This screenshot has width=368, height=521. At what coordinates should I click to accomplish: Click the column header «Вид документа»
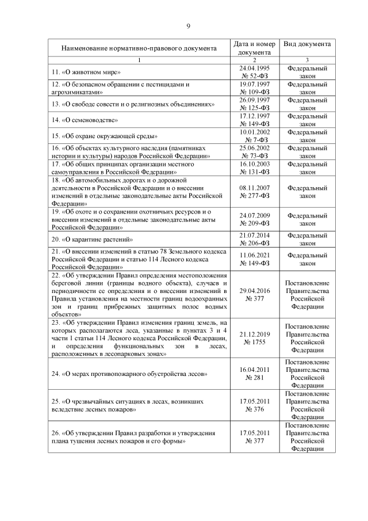point(307,44)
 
